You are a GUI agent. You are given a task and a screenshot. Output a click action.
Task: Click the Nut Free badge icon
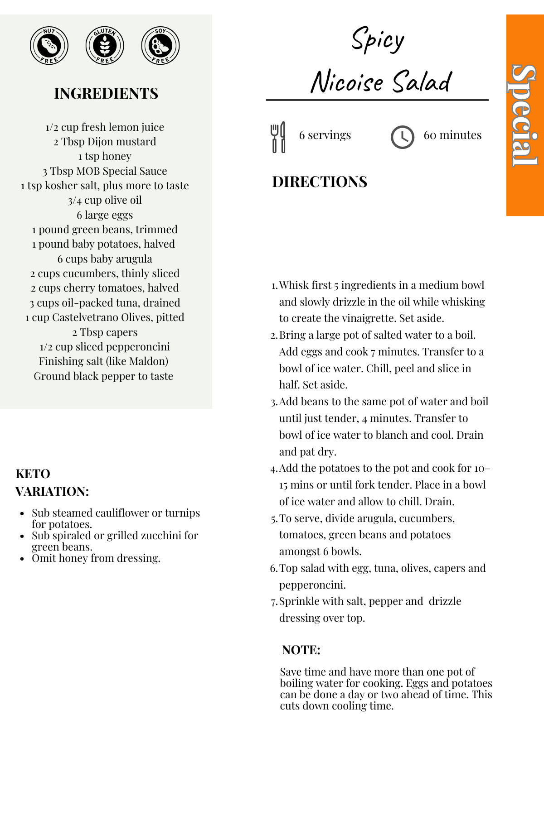pyautogui.click(x=49, y=46)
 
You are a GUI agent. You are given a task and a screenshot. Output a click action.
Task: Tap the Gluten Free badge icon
pyautogui.click(x=105, y=46)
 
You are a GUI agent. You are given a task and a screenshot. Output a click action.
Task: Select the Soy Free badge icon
pyautogui.click(x=160, y=46)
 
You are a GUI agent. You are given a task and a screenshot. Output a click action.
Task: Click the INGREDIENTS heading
pyautogui.click(x=106, y=94)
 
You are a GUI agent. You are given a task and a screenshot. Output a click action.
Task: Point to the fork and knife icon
pyautogui.click(x=278, y=137)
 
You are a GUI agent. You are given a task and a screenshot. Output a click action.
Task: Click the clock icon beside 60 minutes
pyautogui.click(x=402, y=137)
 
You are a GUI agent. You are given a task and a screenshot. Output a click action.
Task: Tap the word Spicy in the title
pyautogui.click(x=378, y=40)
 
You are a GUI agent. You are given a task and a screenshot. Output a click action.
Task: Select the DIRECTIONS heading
pyautogui.click(x=320, y=182)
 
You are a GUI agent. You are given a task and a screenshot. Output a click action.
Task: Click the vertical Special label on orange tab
pyautogui.click(x=525, y=115)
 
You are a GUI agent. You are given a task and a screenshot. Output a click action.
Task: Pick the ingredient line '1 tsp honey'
pyautogui.click(x=105, y=156)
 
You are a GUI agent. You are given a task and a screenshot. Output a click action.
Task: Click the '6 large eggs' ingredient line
pyautogui.click(x=105, y=215)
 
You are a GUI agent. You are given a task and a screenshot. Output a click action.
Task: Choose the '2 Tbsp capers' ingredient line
pyautogui.click(x=105, y=332)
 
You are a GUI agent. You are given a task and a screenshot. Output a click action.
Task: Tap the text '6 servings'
pyautogui.click(x=325, y=135)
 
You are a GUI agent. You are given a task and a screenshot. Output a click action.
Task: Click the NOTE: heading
pyautogui.click(x=301, y=650)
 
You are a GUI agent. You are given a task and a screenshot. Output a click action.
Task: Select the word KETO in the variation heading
pyautogui.click(x=33, y=474)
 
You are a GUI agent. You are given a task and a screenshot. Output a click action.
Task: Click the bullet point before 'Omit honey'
pyautogui.click(x=22, y=559)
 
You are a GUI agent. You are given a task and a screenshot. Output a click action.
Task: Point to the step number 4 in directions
pyautogui.click(x=273, y=469)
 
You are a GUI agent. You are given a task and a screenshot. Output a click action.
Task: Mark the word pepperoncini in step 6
pyautogui.click(x=312, y=585)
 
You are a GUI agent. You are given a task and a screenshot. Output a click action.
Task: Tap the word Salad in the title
pyautogui.click(x=422, y=82)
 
